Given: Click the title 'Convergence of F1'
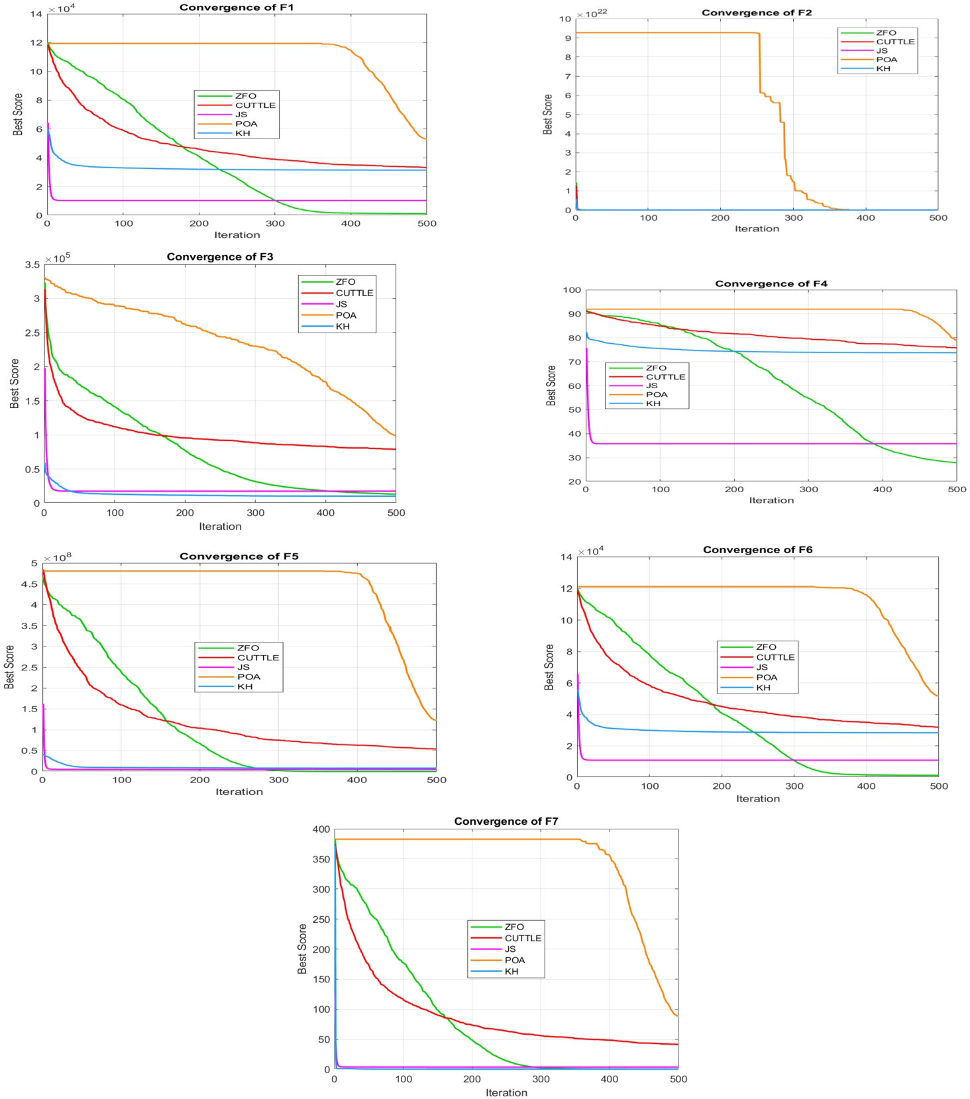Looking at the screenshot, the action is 237,7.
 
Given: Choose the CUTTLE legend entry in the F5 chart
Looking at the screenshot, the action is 239,658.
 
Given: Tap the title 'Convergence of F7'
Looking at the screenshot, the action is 506,821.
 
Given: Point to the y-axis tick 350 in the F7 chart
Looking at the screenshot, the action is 321,859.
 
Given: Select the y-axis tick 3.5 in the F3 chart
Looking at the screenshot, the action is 32,265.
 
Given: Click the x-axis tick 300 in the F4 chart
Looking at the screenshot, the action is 808,490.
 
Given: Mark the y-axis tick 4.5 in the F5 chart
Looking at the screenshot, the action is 29,584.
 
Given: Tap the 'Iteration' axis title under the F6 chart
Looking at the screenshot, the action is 758,799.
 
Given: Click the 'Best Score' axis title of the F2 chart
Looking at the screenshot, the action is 548,114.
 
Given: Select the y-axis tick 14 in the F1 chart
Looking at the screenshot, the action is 36,14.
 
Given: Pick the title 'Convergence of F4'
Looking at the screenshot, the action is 771,284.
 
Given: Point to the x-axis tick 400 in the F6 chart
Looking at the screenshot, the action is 866,786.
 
